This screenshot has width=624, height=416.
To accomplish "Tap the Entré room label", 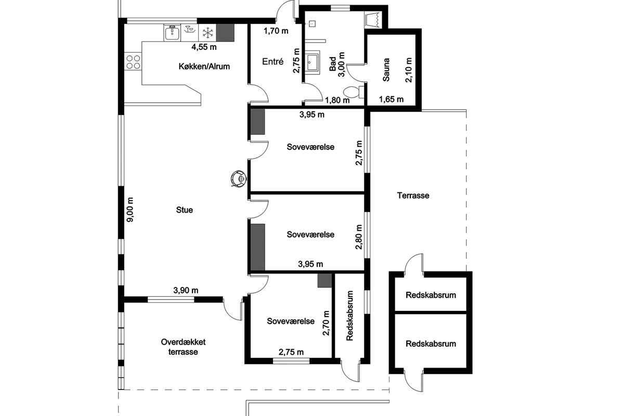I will pyautogui.click(x=272, y=61).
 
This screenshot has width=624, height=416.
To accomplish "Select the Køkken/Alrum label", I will pyautogui.click(x=204, y=67).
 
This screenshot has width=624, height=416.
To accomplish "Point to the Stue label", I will pyautogui.click(x=185, y=210).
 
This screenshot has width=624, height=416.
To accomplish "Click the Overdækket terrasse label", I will pyautogui.click(x=183, y=347).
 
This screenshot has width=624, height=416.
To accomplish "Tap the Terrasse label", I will pyautogui.click(x=413, y=196).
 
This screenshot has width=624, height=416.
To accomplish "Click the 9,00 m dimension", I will pyautogui.click(x=130, y=210).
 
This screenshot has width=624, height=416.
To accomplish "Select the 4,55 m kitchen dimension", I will pyautogui.click(x=204, y=47).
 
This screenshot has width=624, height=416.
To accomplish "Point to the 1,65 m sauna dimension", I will pyautogui.click(x=391, y=99).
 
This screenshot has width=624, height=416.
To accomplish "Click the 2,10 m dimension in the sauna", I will pyautogui.click(x=409, y=69).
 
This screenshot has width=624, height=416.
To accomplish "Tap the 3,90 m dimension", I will pyautogui.click(x=186, y=290).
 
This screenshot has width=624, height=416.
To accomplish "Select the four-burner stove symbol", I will pyautogui.click(x=133, y=62).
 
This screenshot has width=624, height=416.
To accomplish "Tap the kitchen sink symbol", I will pyautogui.click(x=172, y=33).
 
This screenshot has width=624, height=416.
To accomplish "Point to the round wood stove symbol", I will pyautogui.click(x=239, y=178).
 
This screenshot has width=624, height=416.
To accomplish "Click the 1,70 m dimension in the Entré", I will pyautogui.click(x=276, y=31).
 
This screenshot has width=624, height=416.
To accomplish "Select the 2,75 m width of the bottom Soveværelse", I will pyautogui.click(x=291, y=352).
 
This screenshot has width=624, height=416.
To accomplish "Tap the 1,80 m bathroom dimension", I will pyautogui.click(x=337, y=100).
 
